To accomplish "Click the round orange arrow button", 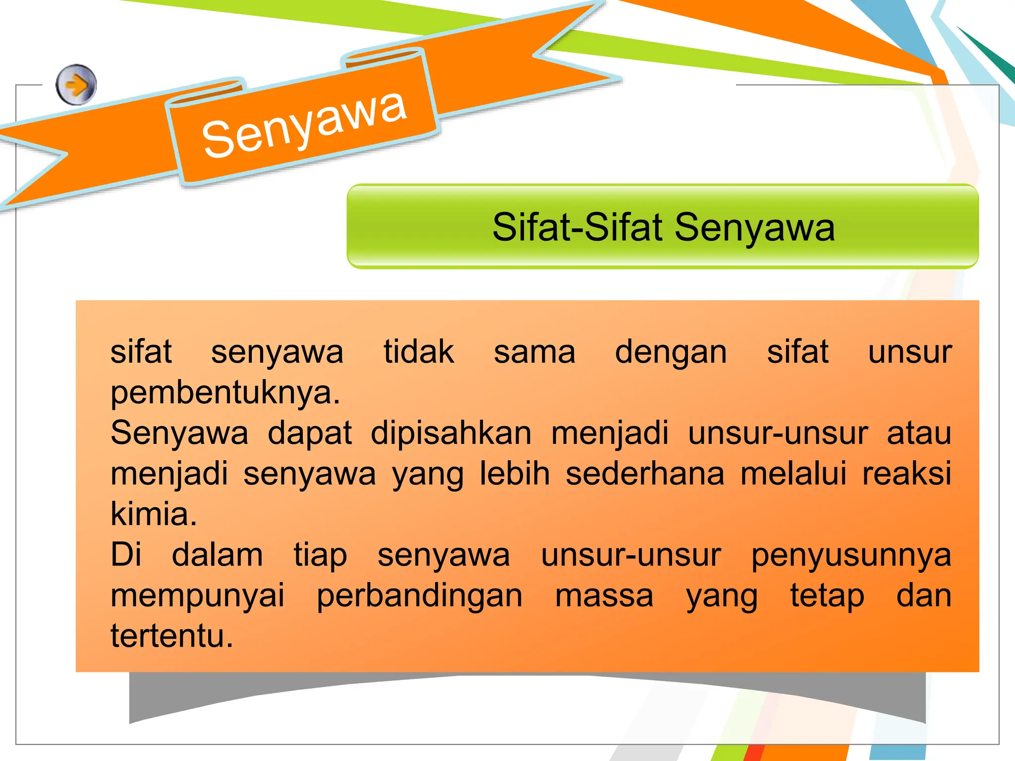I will (76, 85).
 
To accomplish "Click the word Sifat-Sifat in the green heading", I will (577, 227).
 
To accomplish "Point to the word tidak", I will (419, 352).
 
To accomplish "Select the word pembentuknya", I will (226, 393).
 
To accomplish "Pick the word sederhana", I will (645, 474).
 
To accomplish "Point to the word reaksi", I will (906, 474).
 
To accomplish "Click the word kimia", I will (154, 514).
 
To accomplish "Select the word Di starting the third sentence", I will (126, 555).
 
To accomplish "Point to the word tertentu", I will (171, 636).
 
